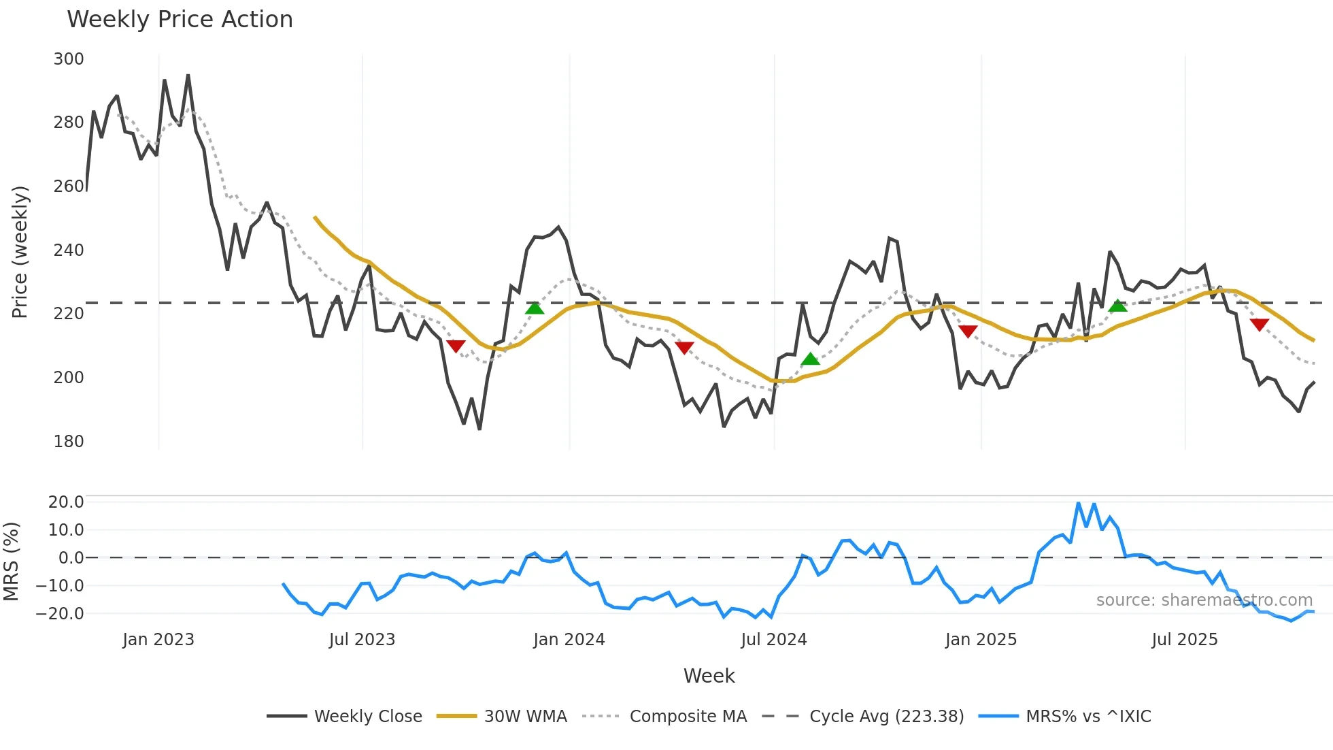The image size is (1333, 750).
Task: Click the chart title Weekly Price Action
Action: click(x=180, y=20)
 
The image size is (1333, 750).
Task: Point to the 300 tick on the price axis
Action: click(x=69, y=59)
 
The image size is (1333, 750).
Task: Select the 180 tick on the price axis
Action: click(x=69, y=442)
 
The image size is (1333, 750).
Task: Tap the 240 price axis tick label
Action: click(x=69, y=250)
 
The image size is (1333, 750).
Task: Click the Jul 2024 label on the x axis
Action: click(x=774, y=640)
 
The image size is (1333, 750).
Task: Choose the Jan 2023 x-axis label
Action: click(x=158, y=640)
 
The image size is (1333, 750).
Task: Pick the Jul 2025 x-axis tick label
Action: click(x=1185, y=640)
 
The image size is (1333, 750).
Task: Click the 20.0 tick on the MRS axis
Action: click(x=66, y=502)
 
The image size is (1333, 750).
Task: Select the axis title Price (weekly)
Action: click(x=20, y=252)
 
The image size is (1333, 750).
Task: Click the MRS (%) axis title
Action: click(x=12, y=561)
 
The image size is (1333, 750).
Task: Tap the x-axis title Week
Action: click(x=709, y=676)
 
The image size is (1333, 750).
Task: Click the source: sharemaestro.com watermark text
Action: click(x=1204, y=600)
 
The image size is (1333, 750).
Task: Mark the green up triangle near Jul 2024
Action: click(x=810, y=359)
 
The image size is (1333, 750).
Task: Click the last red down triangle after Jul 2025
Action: click(x=1260, y=325)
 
